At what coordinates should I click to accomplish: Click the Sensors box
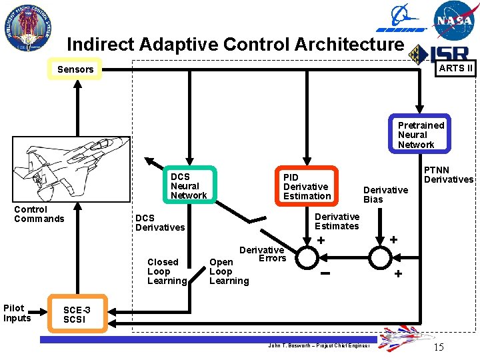(75, 69)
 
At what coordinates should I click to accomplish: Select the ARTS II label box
(455, 68)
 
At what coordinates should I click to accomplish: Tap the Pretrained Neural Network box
(421, 135)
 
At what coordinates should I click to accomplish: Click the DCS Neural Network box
(189, 186)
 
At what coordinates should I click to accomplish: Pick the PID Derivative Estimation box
(307, 186)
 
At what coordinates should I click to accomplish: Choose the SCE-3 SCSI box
(76, 314)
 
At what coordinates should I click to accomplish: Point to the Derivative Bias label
(385, 195)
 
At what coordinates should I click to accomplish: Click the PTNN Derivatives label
(448, 175)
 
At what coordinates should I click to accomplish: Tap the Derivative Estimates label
(337, 221)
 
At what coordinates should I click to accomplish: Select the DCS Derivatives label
(160, 223)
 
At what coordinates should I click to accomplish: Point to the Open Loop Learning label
(229, 271)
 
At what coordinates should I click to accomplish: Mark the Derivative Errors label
(263, 254)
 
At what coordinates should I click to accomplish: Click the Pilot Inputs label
(17, 313)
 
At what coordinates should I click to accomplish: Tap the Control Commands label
(39, 214)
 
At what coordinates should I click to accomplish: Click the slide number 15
(438, 347)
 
